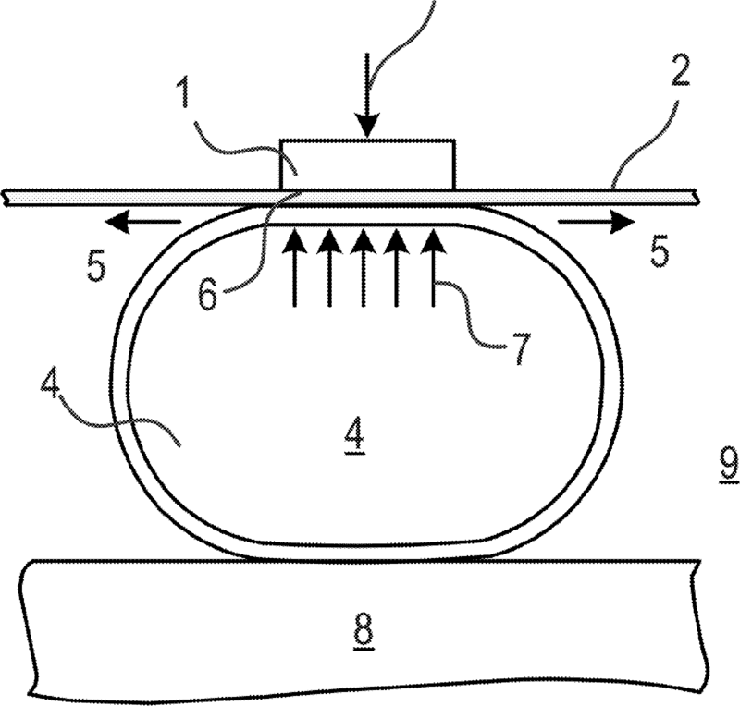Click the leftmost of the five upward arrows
pos(295,268)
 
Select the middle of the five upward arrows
pos(364,268)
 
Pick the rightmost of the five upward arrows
pos(432,268)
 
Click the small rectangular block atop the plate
pos(367,164)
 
